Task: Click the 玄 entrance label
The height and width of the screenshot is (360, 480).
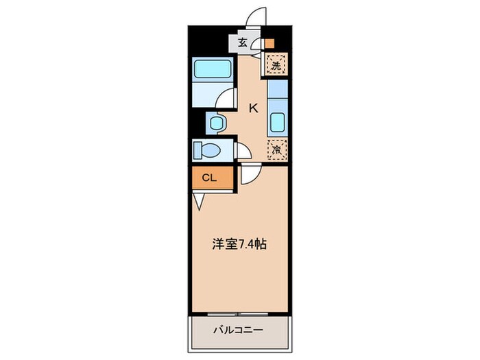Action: point(243,43)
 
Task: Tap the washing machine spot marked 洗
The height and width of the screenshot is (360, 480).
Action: point(276,66)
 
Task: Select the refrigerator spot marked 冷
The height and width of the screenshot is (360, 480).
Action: point(276,148)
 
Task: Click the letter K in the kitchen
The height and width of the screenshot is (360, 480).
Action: point(253,108)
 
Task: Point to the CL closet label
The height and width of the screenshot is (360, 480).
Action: point(209,178)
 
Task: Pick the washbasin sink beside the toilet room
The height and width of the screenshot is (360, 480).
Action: point(216,124)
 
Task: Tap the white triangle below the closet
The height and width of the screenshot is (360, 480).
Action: point(199,201)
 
